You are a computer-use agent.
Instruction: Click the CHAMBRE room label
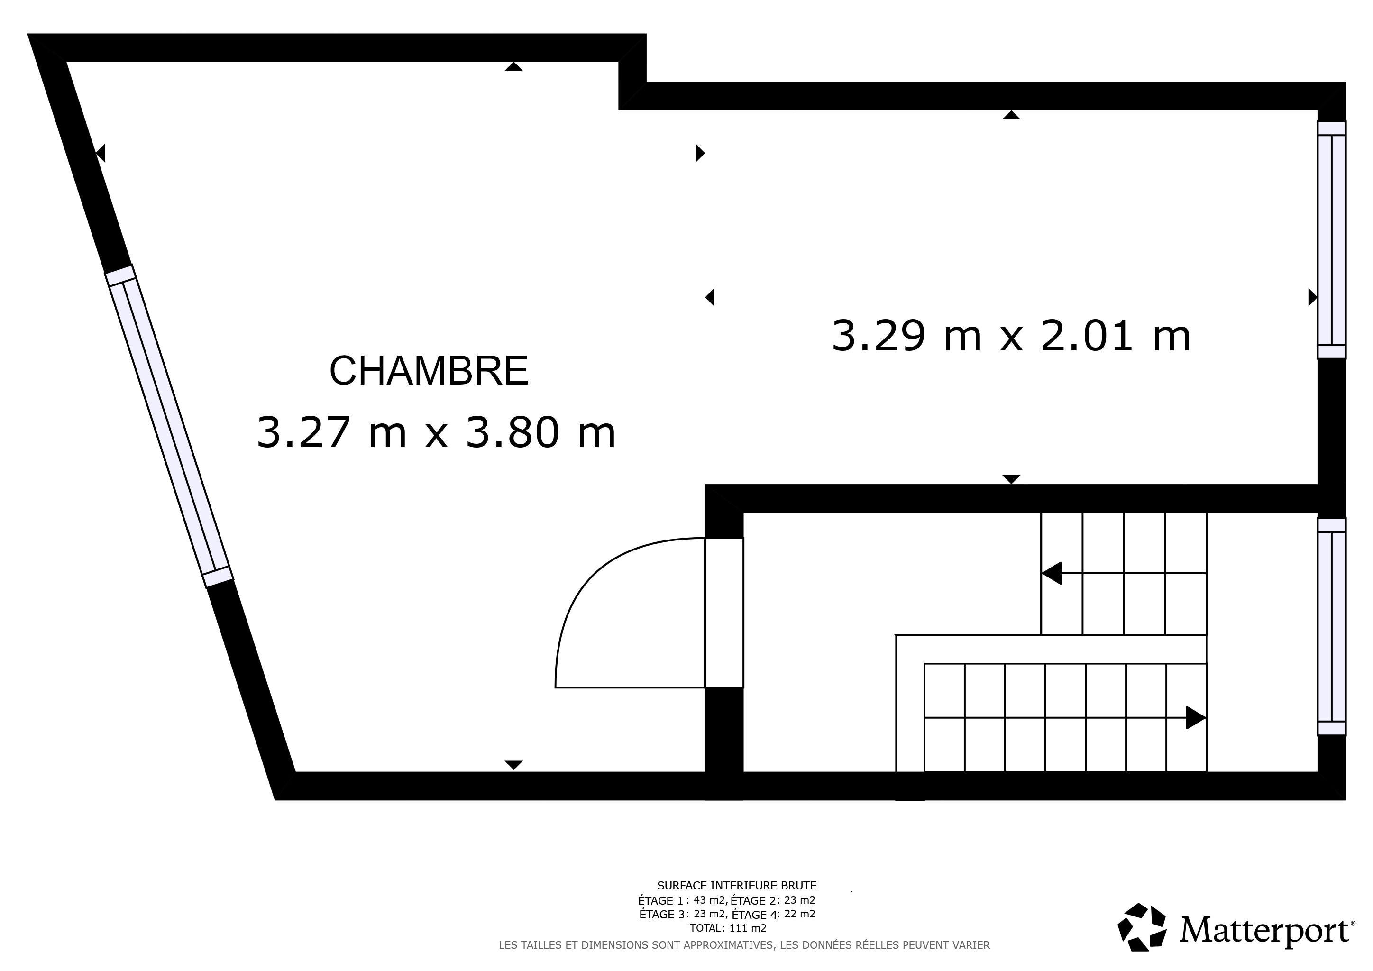coord(429,371)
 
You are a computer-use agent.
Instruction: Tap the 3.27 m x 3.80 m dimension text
coord(436,432)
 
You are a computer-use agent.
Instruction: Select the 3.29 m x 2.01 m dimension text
coord(1011,336)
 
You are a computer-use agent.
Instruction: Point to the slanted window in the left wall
coord(169,426)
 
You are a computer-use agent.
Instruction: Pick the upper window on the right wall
coord(1332,240)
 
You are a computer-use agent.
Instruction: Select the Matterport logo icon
coord(1142,927)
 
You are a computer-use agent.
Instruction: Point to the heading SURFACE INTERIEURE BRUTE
coord(737,886)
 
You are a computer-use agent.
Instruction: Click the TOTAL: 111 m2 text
coord(728,928)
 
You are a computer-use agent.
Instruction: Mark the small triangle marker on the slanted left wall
coord(101,153)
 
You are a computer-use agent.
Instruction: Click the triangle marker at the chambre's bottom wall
coord(513,765)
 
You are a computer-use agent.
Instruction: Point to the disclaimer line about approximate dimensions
coord(744,945)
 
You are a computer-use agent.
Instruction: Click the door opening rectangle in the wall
coord(724,613)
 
